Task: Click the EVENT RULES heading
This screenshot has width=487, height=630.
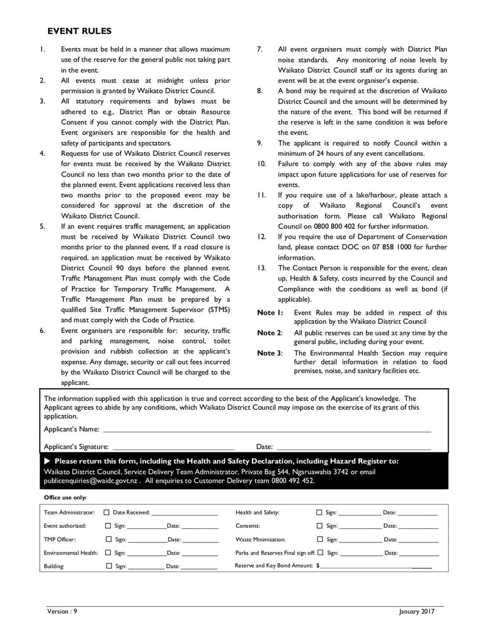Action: click(79, 31)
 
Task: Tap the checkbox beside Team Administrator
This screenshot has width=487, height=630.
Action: click(107, 513)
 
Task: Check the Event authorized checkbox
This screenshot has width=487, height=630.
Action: click(108, 526)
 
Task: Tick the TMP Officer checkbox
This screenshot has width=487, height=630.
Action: click(108, 539)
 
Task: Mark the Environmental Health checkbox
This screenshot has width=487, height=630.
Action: click(108, 553)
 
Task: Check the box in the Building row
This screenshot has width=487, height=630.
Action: click(108, 566)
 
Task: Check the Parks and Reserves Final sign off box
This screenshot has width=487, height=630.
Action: click(320, 553)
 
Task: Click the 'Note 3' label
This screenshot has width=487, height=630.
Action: click(270, 353)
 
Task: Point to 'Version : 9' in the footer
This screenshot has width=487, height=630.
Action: click(62, 611)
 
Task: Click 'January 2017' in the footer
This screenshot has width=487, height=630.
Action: click(418, 611)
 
